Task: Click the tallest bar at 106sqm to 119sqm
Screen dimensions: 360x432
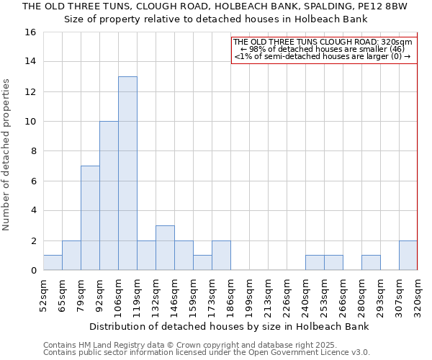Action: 127,173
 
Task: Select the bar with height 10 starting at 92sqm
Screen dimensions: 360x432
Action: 109,195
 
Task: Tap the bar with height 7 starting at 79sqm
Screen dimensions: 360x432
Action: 90,217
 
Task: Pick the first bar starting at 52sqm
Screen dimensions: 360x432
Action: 53,263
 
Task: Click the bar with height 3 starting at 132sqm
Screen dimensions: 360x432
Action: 165,248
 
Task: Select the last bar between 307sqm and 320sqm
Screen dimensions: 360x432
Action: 408,255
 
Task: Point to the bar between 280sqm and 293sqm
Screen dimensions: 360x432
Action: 371,263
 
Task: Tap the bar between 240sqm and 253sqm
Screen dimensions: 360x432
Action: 315,263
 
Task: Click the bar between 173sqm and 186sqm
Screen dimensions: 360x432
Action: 221,255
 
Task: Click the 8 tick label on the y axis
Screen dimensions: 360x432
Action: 33,151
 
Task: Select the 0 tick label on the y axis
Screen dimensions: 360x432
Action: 33,271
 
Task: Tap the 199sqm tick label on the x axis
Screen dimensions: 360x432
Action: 249,294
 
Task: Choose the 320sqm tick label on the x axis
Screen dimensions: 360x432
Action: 418,294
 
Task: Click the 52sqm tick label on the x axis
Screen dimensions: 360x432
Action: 43,294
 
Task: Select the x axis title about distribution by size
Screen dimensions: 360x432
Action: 230,326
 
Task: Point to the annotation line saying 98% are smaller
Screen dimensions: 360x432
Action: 323,49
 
